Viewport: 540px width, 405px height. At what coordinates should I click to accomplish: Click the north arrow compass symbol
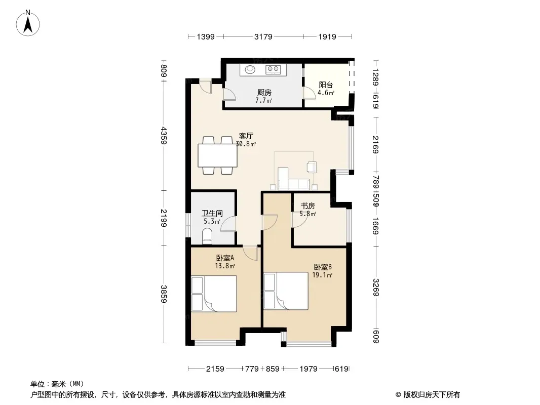(x=28, y=23)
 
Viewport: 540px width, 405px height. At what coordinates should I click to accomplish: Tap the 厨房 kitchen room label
(x=264, y=92)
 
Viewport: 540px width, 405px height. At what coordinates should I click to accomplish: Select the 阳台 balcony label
(x=326, y=85)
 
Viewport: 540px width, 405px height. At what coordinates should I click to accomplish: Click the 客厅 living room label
(x=246, y=136)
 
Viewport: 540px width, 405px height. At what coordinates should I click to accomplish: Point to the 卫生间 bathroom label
(x=212, y=213)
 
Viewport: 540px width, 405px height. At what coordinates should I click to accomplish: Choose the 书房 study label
(x=307, y=206)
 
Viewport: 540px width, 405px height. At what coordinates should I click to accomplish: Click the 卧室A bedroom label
(x=225, y=258)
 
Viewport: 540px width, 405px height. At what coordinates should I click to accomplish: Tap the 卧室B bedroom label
(x=323, y=267)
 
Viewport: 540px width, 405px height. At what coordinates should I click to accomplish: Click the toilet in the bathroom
(x=207, y=236)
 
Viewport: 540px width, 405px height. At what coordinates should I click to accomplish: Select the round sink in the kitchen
(x=250, y=69)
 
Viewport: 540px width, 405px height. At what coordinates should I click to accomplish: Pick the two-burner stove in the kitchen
(x=273, y=69)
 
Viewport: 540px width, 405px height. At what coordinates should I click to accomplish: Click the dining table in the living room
(x=218, y=155)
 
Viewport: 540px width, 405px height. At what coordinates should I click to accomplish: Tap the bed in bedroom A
(x=214, y=294)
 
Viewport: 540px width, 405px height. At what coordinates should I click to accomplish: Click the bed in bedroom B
(x=286, y=291)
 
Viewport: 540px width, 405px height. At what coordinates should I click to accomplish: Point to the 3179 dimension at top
(x=263, y=36)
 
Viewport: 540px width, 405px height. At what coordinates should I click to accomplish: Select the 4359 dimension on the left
(x=164, y=136)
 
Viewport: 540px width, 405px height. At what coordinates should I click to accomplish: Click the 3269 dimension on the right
(x=376, y=288)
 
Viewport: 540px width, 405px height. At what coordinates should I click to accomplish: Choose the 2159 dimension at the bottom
(x=215, y=369)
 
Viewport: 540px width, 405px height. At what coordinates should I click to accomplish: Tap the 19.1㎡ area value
(x=322, y=275)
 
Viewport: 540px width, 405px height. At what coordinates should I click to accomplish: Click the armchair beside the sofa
(x=312, y=167)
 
